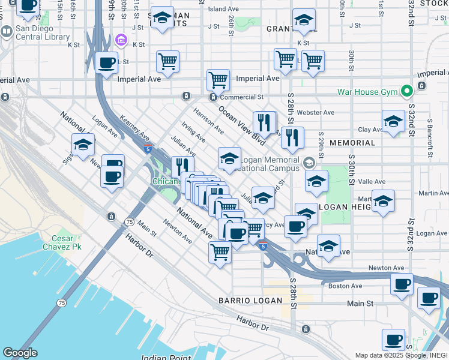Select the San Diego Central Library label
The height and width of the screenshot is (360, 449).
(x=43, y=32)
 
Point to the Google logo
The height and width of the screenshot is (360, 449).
(x=20, y=353)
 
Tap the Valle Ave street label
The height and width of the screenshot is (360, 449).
(x=371, y=181)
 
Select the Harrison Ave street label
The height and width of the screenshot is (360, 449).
(x=208, y=121)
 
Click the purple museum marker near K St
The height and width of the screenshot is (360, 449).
(x=121, y=40)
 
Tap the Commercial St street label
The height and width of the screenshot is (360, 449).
(x=241, y=97)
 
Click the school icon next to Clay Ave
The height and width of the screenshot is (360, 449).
(x=393, y=122)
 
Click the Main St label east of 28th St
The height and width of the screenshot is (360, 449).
(x=360, y=304)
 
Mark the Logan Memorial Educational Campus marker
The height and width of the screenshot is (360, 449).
(x=309, y=163)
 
